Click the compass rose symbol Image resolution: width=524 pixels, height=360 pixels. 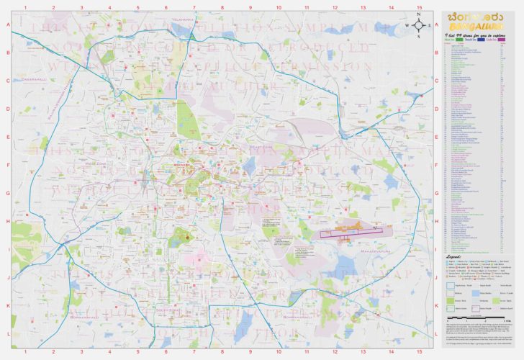[x=417, y=25]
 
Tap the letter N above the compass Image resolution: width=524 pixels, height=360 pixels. [x=417, y=14]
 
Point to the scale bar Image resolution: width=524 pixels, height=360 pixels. [x=467, y=318]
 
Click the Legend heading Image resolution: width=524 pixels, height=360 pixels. [x=455, y=256]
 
